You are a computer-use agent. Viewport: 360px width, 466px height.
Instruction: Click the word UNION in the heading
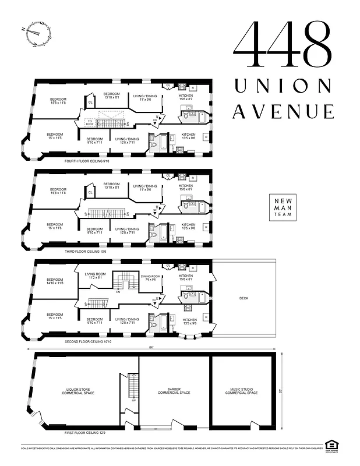(284, 86)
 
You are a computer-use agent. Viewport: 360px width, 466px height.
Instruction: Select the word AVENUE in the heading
(283, 111)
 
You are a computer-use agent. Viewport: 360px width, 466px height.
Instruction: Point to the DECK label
(243, 298)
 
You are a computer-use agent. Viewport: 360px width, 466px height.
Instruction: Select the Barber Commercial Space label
(174, 391)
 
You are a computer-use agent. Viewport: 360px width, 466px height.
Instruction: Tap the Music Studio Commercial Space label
(241, 391)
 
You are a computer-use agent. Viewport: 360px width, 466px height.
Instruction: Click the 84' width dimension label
(151, 348)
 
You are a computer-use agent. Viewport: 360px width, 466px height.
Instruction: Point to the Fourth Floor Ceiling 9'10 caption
(87, 161)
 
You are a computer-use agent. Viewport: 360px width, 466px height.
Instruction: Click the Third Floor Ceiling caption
(85, 251)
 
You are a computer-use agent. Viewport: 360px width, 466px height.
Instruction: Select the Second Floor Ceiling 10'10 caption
(87, 341)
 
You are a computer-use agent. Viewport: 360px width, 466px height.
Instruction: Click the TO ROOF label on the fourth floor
(89, 123)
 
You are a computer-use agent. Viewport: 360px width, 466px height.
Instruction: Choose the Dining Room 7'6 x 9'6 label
(150, 278)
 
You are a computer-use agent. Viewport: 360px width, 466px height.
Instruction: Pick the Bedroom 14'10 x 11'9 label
(55, 281)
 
